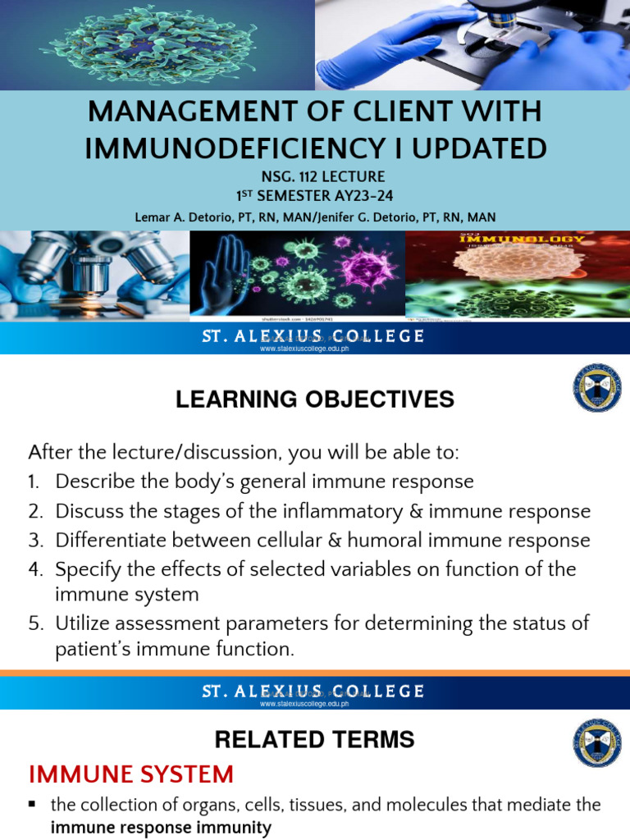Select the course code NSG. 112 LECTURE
(x=314, y=176)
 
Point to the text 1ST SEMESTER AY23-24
(x=315, y=195)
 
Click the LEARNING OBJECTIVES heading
(x=314, y=399)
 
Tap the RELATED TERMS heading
(x=314, y=740)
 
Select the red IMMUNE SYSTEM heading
(x=131, y=774)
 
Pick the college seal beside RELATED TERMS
(x=596, y=743)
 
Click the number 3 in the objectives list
(x=34, y=541)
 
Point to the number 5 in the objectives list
(x=34, y=623)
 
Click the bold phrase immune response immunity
(x=161, y=829)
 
